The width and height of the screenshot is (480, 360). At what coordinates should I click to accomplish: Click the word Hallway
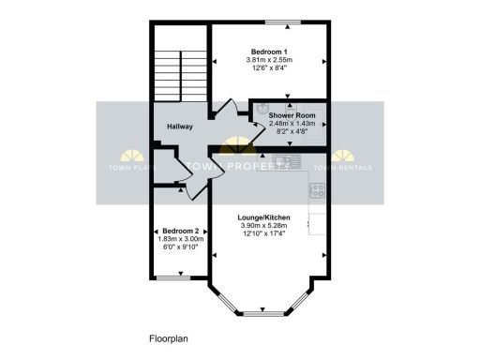[180, 127]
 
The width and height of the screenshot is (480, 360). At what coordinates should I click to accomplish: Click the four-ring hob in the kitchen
[317, 190]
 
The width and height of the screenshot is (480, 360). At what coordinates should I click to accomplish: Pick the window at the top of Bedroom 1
[281, 22]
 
